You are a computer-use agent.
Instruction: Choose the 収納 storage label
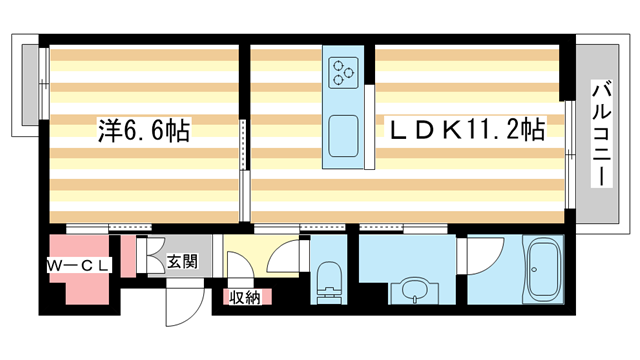pyautogui.click(x=244, y=297)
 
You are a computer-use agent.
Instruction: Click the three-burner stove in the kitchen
pyautogui.click(x=346, y=71)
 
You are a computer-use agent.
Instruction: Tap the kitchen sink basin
pyautogui.click(x=346, y=136)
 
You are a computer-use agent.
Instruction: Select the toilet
pyautogui.click(x=328, y=279)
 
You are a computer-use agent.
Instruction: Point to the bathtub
pyautogui.click(x=544, y=269)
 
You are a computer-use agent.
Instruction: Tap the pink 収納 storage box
pyautogui.click(x=244, y=297)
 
